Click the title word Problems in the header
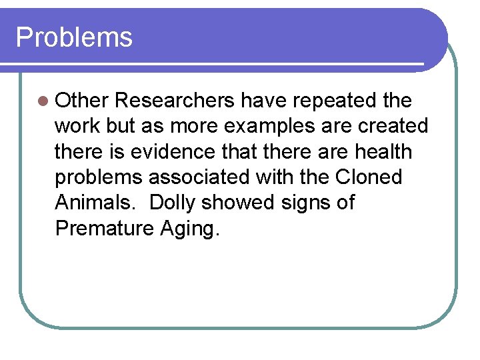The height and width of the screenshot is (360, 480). [74, 38]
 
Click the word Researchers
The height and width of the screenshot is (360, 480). [175, 101]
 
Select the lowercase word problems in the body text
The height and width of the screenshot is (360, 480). [99, 177]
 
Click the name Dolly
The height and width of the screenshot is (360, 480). [175, 203]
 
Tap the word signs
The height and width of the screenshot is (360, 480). [309, 203]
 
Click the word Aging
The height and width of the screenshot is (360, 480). [189, 229]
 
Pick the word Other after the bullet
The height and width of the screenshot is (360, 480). [82, 101]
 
